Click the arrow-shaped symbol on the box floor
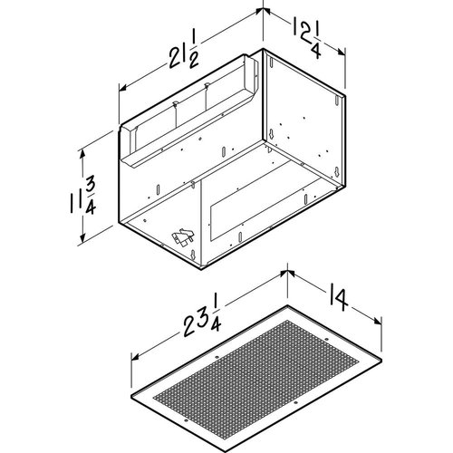coord(182,239)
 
